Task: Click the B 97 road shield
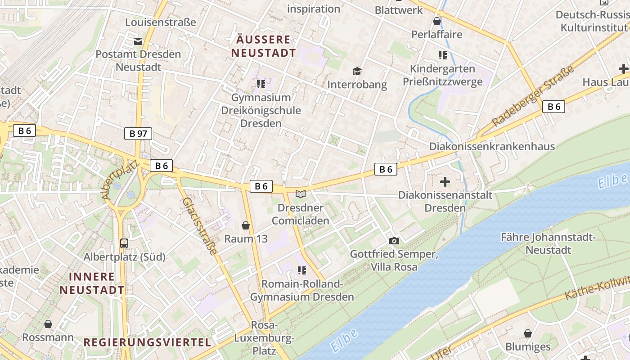tap(138, 133)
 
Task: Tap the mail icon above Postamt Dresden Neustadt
tap(138, 41)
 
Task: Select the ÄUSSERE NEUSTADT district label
tap(263, 46)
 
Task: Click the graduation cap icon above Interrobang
tap(357, 71)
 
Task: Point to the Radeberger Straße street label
tap(533, 96)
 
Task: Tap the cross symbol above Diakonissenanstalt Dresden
tap(445, 182)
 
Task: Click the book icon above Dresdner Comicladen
tap(300, 194)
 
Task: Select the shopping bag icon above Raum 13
tap(246, 225)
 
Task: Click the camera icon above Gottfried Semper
tap(394, 241)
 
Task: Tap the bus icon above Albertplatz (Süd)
tap(124, 243)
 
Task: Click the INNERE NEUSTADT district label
tap(92, 283)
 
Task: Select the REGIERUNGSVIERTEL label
tap(148, 342)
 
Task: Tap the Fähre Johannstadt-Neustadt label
tap(548, 243)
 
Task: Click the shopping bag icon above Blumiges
tap(527, 333)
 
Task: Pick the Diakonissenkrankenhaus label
tap(492, 146)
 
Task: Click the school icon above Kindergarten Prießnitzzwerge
tap(442, 55)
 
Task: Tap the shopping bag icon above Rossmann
tap(48, 324)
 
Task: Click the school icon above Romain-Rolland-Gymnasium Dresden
tap(301, 270)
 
